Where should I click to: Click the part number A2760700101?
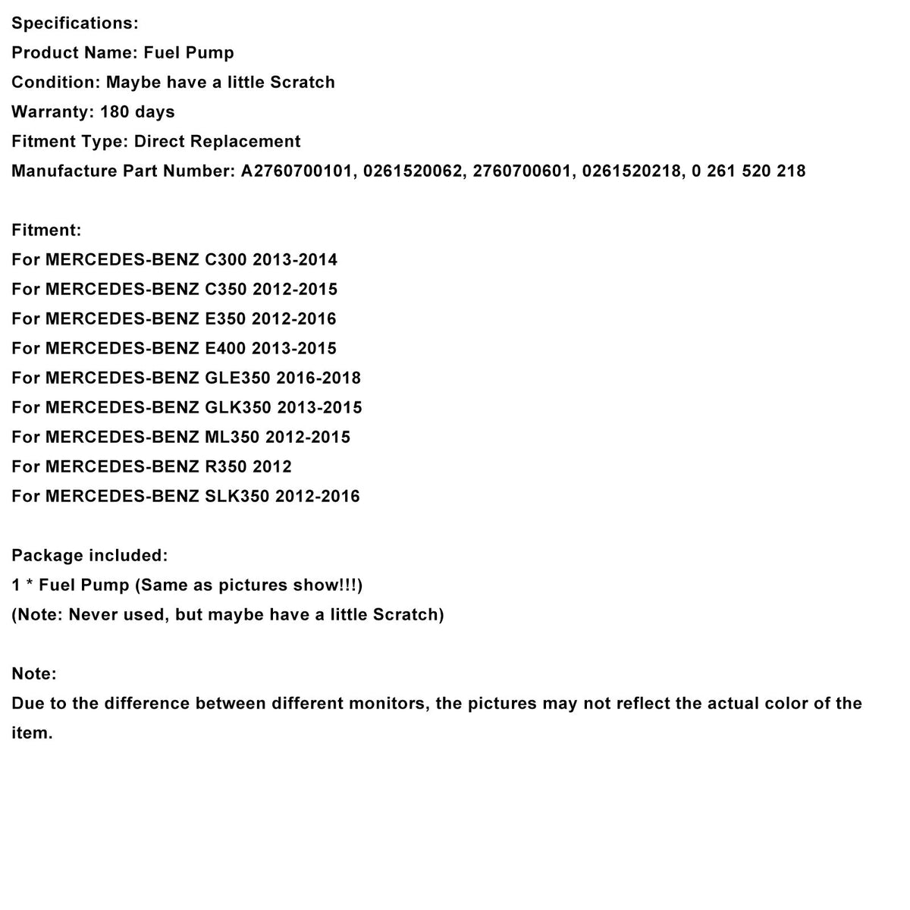tap(297, 171)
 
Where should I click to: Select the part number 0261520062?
tap(413, 171)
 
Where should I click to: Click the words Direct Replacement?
tap(217, 142)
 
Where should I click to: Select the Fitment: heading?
tap(46, 231)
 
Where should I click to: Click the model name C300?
tap(226, 260)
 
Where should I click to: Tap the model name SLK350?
tap(237, 497)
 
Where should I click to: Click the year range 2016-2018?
tap(318, 378)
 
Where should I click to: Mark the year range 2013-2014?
tap(295, 260)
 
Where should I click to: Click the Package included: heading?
tap(89, 556)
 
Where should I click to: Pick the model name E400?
tap(226, 349)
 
